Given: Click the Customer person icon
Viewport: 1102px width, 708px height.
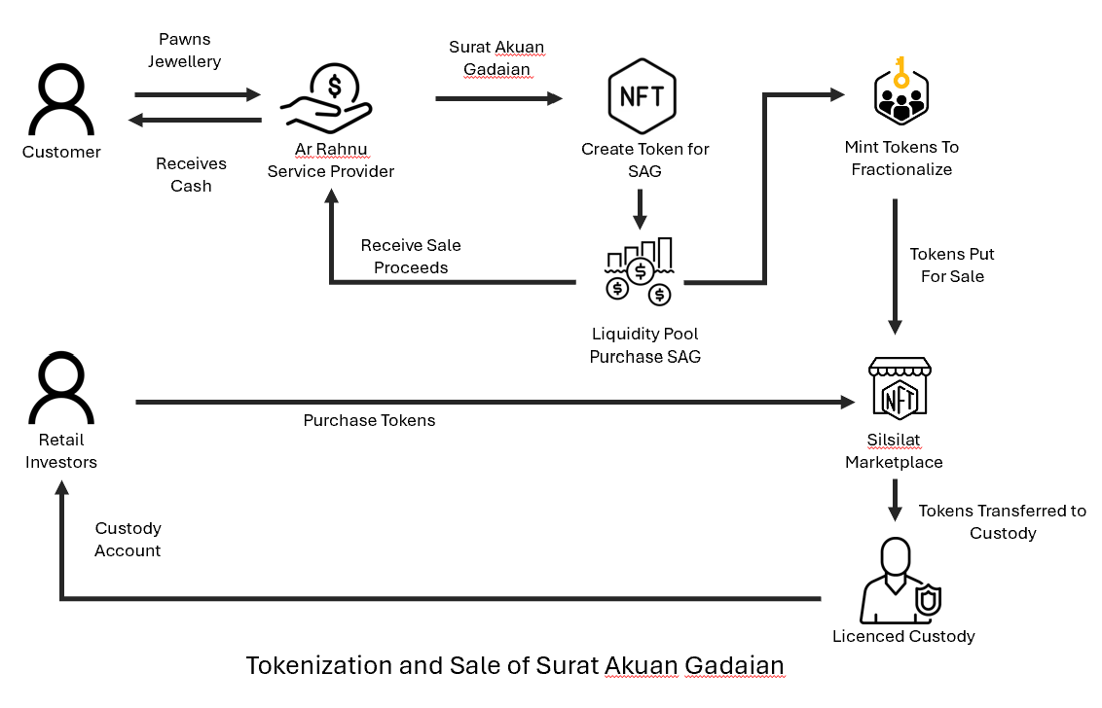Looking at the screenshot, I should coord(61,100).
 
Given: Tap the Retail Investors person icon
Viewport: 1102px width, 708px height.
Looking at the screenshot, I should coord(61,388).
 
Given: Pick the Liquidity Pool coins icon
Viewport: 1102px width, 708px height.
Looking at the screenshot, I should coord(640,271).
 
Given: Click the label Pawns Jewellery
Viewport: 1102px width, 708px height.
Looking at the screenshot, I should coord(184,51).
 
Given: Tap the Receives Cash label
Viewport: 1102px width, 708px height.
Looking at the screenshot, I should coord(191,175).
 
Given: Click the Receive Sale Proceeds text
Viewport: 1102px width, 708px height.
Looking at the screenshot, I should coord(411,257).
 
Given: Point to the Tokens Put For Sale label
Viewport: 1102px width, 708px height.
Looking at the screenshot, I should coord(951,265).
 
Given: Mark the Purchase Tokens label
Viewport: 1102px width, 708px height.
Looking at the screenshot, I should coord(369,421).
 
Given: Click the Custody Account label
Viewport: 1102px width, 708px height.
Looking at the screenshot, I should coord(128,540).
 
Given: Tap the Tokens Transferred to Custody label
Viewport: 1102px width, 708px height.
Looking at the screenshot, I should coord(1002,522).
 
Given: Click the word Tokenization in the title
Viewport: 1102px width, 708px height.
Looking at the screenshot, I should coord(320,666).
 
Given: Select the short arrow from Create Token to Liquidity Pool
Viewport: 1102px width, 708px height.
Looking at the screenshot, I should coord(641,207).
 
